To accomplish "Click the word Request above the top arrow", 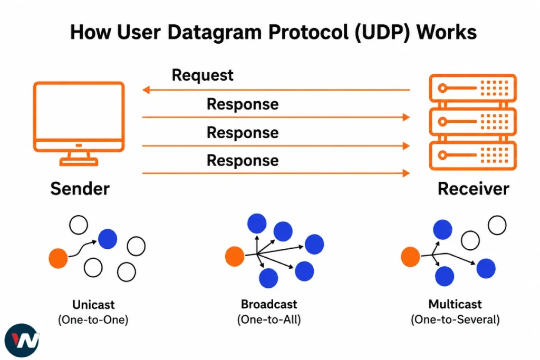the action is (x=202, y=75).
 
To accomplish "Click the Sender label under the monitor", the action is (x=80, y=189).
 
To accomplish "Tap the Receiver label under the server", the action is (x=473, y=189).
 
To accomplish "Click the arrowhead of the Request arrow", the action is (x=146, y=90).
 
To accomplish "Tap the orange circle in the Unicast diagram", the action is (x=58, y=258).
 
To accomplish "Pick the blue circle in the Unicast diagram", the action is (x=108, y=239).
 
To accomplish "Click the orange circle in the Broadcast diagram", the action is (x=235, y=256).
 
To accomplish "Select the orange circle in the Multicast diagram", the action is (x=410, y=257).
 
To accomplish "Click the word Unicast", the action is (x=93, y=305).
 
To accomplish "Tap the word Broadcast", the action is (x=269, y=304).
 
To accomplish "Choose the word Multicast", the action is (x=455, y=304).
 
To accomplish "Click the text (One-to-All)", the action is (x=269, y=319).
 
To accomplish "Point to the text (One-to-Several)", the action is (x=455, y=319).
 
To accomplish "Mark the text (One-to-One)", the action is (x=93, y=320).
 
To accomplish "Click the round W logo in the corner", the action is (x=22, y=340).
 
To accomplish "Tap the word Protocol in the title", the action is (x=308, y=32).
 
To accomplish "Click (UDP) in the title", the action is (x=382, y=33).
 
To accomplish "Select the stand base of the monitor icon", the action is (x=79, y=162).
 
